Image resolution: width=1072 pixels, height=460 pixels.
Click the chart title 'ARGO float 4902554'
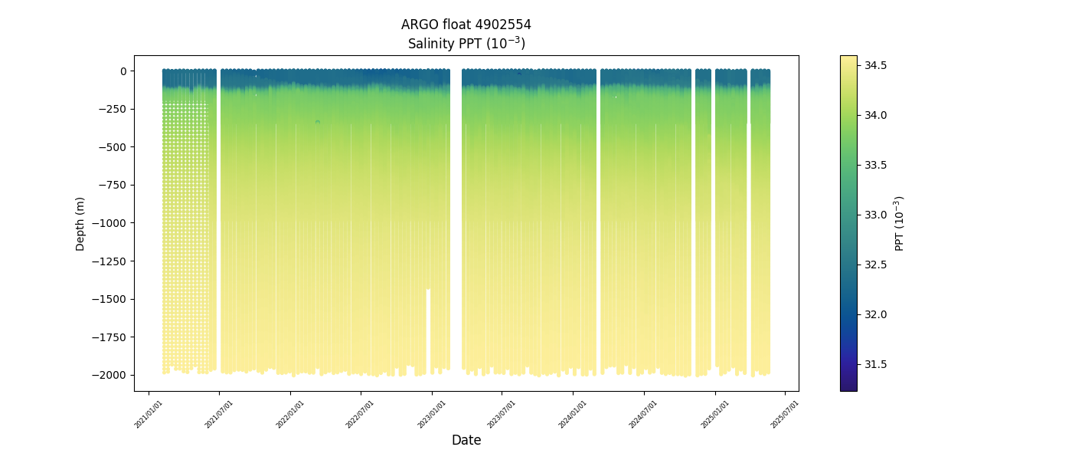coord(466,25)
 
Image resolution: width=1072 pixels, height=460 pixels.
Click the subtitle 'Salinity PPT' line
coord(466,44)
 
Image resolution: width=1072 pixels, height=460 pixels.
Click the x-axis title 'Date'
coord(466,440)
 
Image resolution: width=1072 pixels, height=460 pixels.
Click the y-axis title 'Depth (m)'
coord(80,224)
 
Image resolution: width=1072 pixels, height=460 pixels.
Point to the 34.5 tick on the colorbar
coord(876,65)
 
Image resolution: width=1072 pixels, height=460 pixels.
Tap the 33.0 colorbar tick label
coord(876,215)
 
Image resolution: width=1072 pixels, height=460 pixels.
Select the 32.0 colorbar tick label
coord(876,314)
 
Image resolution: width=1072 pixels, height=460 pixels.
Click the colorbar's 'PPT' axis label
coord(900,223)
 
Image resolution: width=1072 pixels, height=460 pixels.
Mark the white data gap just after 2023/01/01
coord(456,222)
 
